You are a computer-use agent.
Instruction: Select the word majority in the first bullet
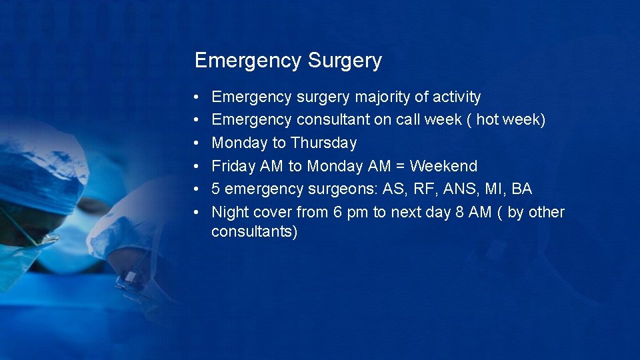[x=382, y=97]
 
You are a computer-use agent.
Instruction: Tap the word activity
[x=457, y=97]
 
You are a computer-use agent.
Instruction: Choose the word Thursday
[x=323, y=143]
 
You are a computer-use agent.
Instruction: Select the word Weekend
[x=443, y=166]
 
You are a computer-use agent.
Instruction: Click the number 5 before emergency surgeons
[x=216, y=189]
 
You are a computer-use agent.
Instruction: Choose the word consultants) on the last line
[x=254, y=232]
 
